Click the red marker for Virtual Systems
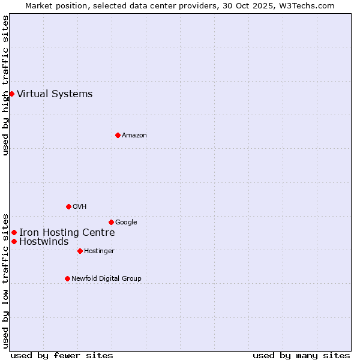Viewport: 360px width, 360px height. click(x=11, y=94)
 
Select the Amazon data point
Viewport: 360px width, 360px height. click(x=118, y=135)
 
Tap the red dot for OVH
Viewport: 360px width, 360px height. click(x=68, y=206)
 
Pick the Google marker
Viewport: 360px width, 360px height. click(x=111, y=222)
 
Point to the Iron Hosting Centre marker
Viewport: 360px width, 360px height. click(x=14, y=232)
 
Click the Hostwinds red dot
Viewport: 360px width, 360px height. click(x=14, y=241)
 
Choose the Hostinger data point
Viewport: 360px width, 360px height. click(x=80, y=251)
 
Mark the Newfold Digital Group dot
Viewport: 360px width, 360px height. click(x=67, y=278)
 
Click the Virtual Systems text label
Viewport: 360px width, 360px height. click(x=55, y=94)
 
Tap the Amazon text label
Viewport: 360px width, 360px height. click(x=134, y=135)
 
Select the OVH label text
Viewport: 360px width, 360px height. click(x=79, y=206)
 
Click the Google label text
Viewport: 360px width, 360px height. click(x=126, y=222)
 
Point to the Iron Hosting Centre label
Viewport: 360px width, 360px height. click(x=67, y=233)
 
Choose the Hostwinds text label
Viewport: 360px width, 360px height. click(x=44, y=242)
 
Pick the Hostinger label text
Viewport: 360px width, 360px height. click(x=99, y=251)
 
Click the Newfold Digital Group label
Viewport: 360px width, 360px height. click(x=106, y=278)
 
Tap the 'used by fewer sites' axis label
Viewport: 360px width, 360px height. click(x=62, y=355)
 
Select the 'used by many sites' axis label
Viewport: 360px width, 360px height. click(x=301, y=355)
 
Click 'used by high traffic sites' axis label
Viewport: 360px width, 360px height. click(x=5, y=85)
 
